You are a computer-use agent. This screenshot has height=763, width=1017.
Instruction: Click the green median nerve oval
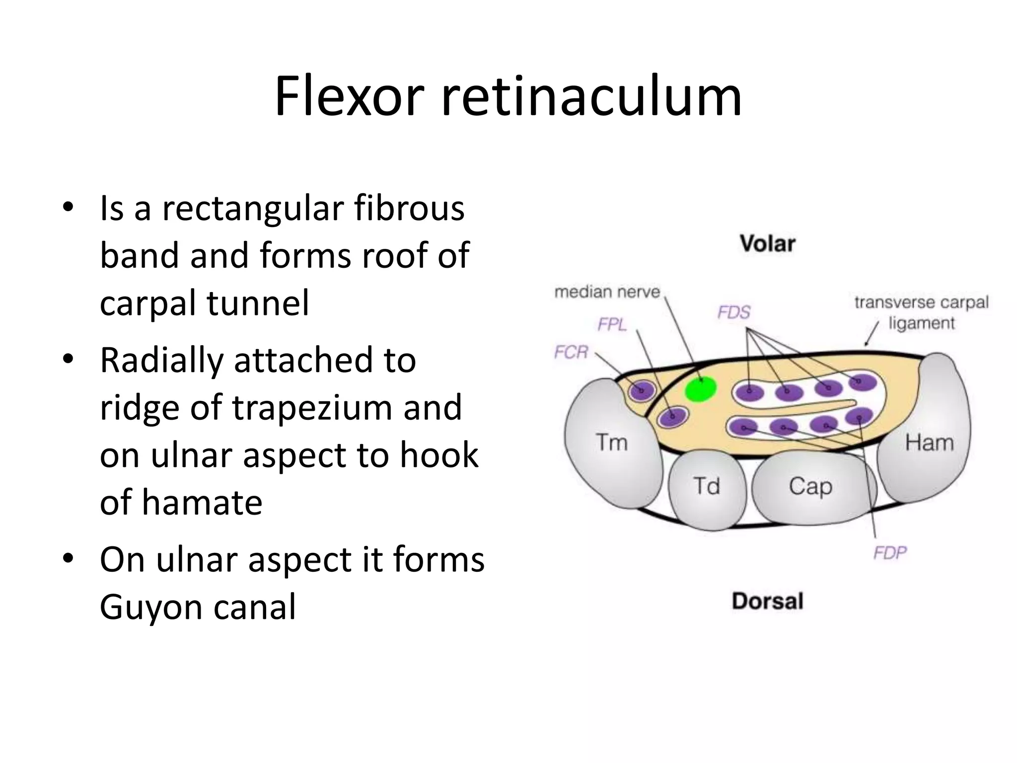pos(701,388)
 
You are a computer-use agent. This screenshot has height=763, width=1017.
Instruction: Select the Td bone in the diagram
pos(707,489)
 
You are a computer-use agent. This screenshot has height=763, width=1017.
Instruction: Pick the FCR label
pos(571,352)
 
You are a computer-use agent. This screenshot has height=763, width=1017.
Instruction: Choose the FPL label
pos(612,324)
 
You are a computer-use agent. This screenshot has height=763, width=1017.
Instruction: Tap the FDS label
pos(734,312)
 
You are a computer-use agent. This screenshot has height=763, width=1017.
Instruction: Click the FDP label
pos(890,552)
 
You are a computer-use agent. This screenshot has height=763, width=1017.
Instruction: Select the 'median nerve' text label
pos(607,292)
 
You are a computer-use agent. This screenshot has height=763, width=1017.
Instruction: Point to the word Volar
pos(768,244)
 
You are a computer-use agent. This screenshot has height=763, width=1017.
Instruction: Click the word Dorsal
pos(768,601)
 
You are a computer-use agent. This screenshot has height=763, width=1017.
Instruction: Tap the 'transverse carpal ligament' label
pos(922,313)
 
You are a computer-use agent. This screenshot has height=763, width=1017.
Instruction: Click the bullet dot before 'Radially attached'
pos(68,359)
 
